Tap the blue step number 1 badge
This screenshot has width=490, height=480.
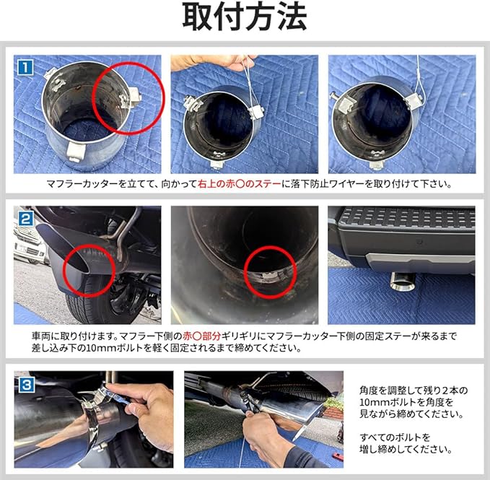[25, 68]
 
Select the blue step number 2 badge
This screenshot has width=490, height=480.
[26, 219]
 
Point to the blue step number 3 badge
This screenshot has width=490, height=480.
[26, 385]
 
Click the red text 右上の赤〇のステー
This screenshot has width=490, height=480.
[240, 184]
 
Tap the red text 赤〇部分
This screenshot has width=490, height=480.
[202, 336]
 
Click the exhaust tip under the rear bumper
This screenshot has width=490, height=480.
[402, 282]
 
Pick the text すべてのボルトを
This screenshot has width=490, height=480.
[395, 437]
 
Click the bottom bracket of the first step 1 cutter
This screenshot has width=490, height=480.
[76, 152]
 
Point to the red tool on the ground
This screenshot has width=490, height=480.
[338, 457]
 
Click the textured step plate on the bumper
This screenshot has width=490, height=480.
[407, 217]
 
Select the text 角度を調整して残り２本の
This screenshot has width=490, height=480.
[414, 390]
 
